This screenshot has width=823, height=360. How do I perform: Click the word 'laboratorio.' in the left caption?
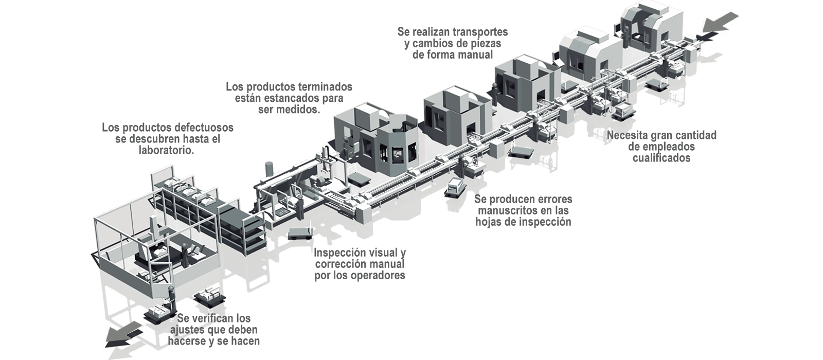point(167,151)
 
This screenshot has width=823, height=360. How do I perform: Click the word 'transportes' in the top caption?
point(478,32)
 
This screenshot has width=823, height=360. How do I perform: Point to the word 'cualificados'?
point(661,158)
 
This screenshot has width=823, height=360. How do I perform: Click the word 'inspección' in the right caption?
point(545,222)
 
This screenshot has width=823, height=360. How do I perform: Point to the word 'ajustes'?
point(187,330)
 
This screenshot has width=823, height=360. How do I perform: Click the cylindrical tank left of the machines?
point(270,170)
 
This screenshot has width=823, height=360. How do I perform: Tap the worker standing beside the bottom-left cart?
point(170,298)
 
